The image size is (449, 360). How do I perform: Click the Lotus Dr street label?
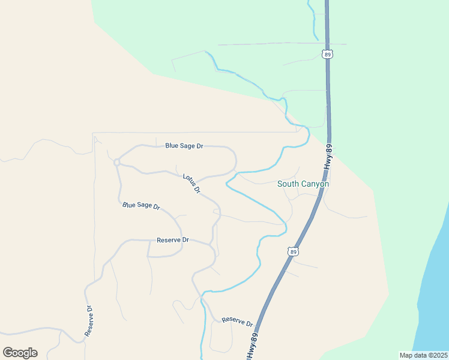[191, 183]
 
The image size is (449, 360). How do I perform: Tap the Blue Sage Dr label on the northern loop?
[184, 146]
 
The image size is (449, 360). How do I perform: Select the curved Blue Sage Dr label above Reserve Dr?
[141, 206]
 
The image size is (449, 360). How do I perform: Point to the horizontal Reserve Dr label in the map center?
[172, 240]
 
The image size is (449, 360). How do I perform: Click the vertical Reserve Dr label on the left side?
[89, 321]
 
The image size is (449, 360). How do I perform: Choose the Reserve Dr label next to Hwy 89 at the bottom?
[237, 322]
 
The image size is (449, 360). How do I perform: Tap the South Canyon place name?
[303, 184]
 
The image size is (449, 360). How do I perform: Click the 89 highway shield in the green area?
[327, 54]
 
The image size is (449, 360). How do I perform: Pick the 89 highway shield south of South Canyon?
[292, 252]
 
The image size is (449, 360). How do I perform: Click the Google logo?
[20, 353]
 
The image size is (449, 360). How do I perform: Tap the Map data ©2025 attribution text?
[423, 355]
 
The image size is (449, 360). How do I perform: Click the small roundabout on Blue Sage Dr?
[116, 162]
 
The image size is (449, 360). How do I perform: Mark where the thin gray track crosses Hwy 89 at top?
[327, 44]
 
